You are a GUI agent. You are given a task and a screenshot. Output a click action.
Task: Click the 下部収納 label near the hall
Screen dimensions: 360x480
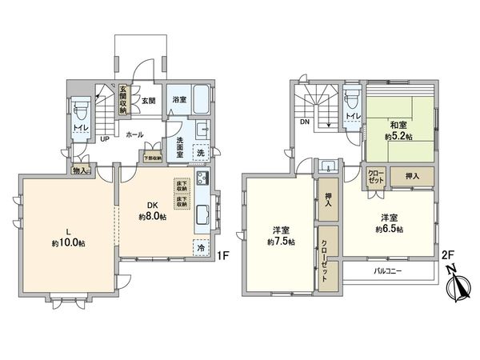tap(152, 158)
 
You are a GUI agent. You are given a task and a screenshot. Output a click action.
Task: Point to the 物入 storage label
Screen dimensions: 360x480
tap(82, 170)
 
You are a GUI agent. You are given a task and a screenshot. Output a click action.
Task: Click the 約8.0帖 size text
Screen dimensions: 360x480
tap(153, 217)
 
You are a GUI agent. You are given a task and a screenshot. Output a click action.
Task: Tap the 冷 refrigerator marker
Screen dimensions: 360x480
tap(201, 249)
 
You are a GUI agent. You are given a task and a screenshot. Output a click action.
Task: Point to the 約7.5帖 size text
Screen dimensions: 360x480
tap(281, 241)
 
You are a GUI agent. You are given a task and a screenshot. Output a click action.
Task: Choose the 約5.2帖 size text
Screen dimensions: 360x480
tap(398, 137)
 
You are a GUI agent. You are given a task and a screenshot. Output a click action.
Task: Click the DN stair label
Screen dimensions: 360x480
tap(305, 122)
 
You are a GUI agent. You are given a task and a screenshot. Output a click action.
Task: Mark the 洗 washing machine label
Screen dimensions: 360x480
tap(201, 152)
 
